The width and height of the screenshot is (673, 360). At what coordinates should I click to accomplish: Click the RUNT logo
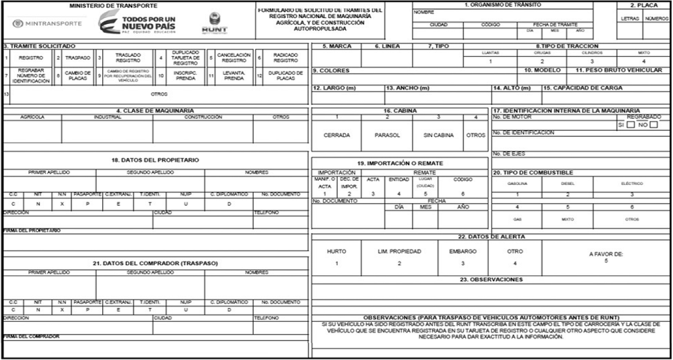click(214, 23)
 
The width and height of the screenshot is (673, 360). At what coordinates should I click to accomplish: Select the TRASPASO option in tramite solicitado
click(78, 57)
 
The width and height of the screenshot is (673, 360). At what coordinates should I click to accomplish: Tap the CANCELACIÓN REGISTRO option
click(234, 57)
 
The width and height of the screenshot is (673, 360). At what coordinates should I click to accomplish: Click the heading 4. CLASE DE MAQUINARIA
click(155, 110)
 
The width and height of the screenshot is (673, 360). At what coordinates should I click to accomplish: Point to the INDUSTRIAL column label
click(107, 117)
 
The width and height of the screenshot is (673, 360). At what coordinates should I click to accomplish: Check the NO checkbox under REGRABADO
click(654, 124)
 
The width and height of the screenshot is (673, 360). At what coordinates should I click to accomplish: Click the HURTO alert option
click(337, 252)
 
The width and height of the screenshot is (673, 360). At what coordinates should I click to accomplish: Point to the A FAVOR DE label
click(606, 254)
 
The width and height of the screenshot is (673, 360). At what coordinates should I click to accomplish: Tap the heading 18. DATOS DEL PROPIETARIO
click(155, 160)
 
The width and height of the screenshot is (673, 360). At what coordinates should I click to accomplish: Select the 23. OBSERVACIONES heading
click(491, 279)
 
